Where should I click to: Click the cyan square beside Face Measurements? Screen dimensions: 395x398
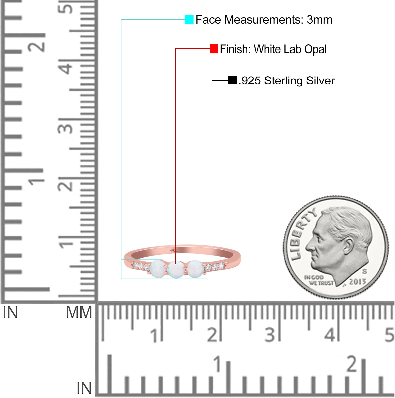(189, 19)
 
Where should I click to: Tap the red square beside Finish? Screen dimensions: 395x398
(214, 49)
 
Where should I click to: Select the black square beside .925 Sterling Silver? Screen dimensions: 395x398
(232, 80)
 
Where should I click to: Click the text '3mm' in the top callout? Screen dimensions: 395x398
(319, 20)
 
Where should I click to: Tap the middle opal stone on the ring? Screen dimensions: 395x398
(175, 269)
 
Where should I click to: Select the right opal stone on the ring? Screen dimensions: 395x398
(196, 269)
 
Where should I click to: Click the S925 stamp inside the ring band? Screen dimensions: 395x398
(174, 250)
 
